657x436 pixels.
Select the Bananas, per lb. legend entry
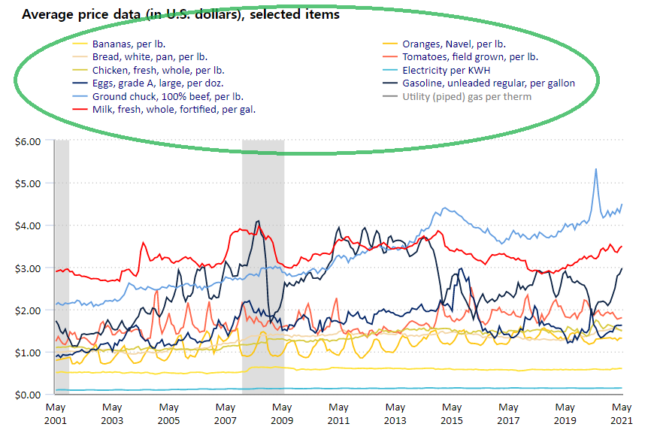(124, 44)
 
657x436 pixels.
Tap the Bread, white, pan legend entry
(150, 56)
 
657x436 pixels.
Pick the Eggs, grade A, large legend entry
(157, 83)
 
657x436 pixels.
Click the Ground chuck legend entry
(168, 96)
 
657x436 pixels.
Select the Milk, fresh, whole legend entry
(174, 109)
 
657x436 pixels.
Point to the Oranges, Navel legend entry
(453, 44)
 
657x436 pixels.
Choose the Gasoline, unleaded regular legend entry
(489, 83)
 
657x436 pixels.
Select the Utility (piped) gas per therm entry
(467, 96)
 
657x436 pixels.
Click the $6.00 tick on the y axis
(27, 141)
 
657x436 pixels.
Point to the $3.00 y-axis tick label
(27, 268)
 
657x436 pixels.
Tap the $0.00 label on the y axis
(27, 395)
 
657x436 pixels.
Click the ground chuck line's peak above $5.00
(596, 169)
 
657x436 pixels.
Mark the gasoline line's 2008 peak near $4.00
(259, 221)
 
